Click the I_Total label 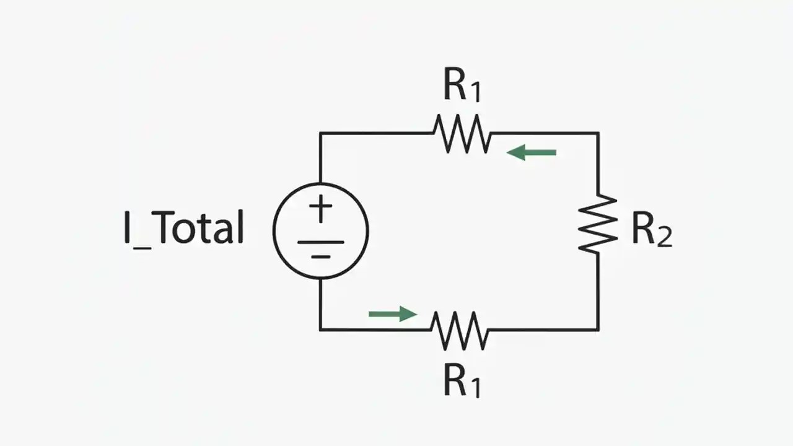(x=184, y=228)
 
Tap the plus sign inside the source (x=320, y=209)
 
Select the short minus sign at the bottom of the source (x=320, y=256)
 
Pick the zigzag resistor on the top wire (x=462, y=133)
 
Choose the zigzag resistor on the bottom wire (x=460, y=330)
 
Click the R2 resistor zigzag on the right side (x=598, y=224)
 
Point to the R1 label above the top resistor (x=462, y=86)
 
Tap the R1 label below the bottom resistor (x=462, y=380)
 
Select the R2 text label (x=651, y=230)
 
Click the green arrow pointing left (x=531, y=152)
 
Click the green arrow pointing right (x=393, y=314)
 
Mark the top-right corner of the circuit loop (x=598, y=133)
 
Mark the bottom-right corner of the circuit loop (x=598, y=330)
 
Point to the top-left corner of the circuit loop (x=320, y=133)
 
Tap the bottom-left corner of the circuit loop (x=320, y=330)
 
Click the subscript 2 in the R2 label (x=664, y=238)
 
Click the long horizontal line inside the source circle (x=320, y=242)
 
